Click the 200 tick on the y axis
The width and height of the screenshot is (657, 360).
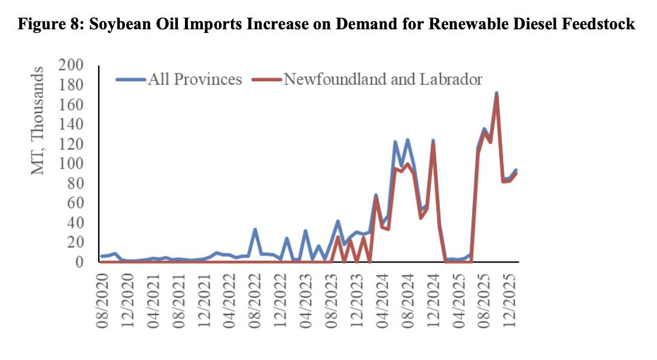71,65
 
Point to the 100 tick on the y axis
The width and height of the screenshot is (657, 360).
71,163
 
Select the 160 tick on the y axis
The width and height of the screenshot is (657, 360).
71,105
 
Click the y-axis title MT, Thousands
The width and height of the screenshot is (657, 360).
39,121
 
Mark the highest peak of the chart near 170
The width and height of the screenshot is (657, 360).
497,94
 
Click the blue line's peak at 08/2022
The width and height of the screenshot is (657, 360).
255,230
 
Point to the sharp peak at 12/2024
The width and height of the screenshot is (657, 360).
433,142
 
